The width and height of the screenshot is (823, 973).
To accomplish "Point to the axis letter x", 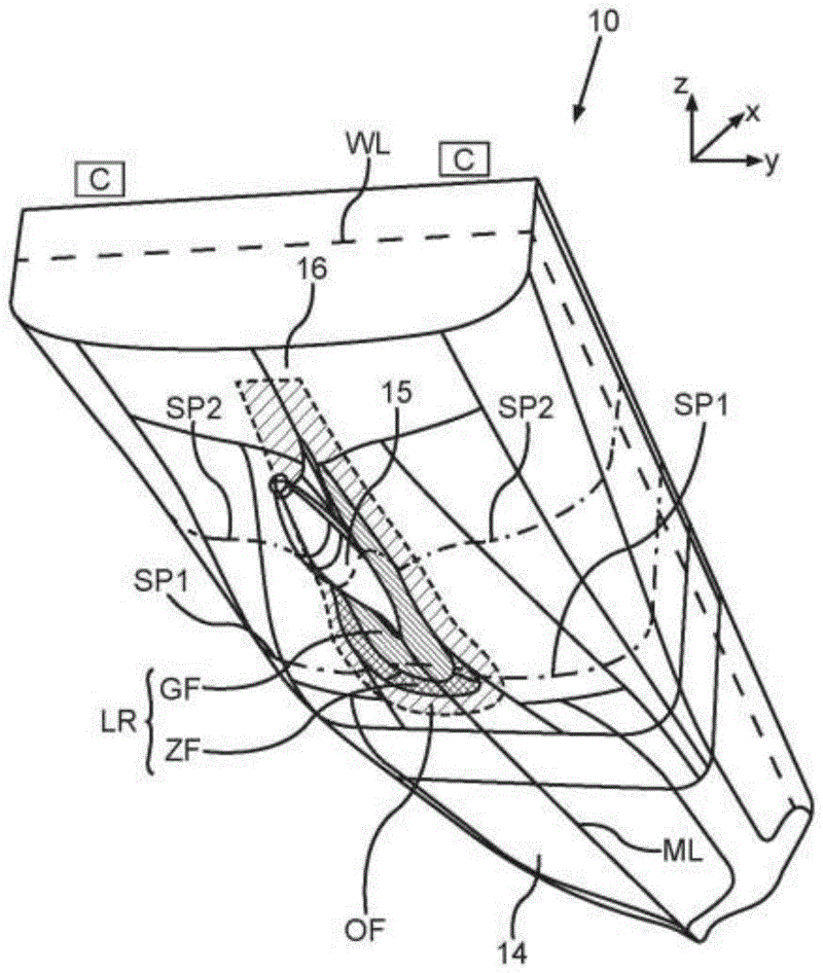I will (751, 113).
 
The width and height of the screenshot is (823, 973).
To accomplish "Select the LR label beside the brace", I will (116, 719).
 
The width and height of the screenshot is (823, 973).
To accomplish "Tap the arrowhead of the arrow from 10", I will (577, 119).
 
